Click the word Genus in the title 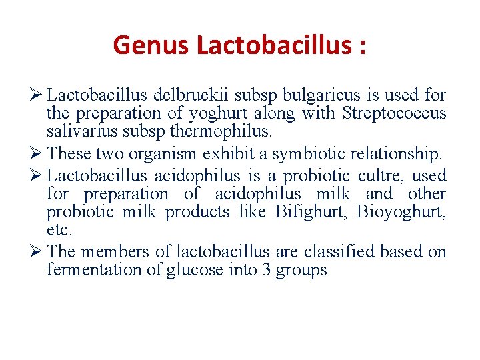click(152, 45)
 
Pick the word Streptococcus click(394, 113)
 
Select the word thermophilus click(227, 131)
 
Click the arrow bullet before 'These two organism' click(37, 154)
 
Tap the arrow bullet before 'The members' click(37, 252)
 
